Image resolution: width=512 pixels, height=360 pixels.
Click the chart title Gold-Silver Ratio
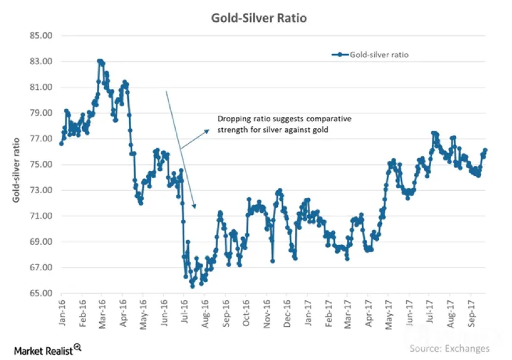pos(259,18)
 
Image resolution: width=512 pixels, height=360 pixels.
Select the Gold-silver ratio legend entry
pos(370,55)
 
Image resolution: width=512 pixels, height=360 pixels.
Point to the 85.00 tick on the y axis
pos(41,35)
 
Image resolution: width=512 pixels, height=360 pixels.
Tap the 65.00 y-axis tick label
pos(41,293)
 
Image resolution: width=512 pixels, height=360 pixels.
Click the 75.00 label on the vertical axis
pos(41,165)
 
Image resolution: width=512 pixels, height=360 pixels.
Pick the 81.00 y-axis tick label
pos(41,87)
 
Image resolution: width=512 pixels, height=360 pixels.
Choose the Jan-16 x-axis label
pos(62,312)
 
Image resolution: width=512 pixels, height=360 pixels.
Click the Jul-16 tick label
pos(185,312)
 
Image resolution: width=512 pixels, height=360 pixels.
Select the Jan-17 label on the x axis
pos(308,312)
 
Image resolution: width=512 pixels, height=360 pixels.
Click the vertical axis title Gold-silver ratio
pos(16,170)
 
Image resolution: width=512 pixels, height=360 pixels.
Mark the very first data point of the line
pos(61,144)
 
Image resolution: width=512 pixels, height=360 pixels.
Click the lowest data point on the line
pos(192,286)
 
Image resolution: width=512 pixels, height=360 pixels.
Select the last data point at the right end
pos(485,150)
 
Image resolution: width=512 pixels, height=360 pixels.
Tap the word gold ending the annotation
pos(320,130)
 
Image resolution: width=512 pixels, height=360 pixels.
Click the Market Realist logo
pos(48,350)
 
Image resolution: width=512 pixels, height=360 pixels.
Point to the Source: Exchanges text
pos(449,348)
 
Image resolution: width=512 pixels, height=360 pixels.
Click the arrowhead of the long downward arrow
pos(194,206)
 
